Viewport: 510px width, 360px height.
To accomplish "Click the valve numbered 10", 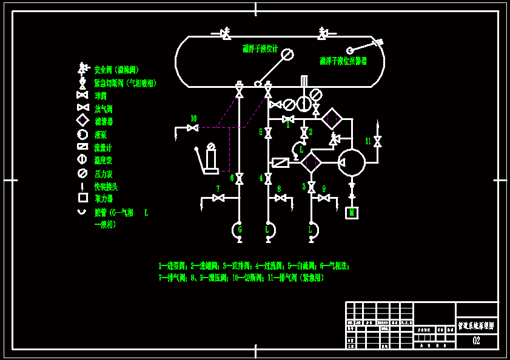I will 192,127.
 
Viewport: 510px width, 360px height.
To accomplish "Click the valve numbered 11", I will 377,141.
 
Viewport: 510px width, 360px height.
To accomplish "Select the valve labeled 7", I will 218,198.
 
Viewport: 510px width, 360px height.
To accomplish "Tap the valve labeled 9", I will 324,198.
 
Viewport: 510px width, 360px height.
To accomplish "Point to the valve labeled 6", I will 240,178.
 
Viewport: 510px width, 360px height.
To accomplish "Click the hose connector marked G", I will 239,230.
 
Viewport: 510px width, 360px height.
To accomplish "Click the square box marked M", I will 352,213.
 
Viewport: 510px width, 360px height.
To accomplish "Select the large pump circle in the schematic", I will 352,162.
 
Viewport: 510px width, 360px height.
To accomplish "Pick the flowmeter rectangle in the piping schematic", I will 281,162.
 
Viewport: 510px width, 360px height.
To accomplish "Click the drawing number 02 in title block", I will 476,341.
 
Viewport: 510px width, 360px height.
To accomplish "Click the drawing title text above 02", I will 476,325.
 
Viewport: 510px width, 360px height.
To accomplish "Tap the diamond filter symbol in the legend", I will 82,121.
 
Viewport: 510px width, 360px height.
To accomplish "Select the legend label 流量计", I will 103,147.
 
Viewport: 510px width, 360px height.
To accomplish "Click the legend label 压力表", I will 103,174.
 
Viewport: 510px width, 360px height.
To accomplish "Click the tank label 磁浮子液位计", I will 260,49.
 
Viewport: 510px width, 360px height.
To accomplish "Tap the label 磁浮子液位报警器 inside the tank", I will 343,61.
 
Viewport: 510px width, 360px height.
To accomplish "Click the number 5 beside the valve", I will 261,132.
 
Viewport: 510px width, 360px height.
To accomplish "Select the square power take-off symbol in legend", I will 82,198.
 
